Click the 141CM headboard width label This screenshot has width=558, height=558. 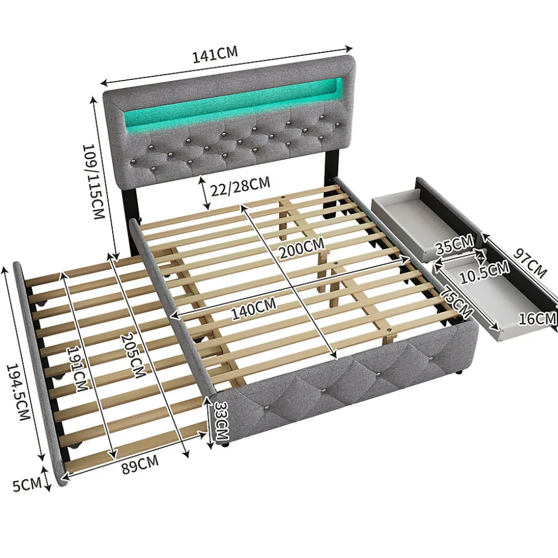pyautogui.click(x=215, y=55)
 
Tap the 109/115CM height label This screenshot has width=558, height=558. pyautogui.click(x=93, y=182)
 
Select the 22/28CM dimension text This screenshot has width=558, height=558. pyautogui.click(x=240, y=186)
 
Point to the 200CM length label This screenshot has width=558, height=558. pyautogui.click(x=301, y=248)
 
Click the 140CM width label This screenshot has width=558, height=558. pyautogui.click(x=254, y=309)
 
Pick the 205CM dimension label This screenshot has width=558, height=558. pyautogui.click(x=132, y=355)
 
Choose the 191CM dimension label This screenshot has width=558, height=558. pyautogui.click(x=77, y=368)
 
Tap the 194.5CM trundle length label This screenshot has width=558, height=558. pyautogui.click(x=18, y=392)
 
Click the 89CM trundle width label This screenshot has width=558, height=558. pyautogui.click(x=140, y=464)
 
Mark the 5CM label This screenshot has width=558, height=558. pyautogui.click(x=27, y=484)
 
